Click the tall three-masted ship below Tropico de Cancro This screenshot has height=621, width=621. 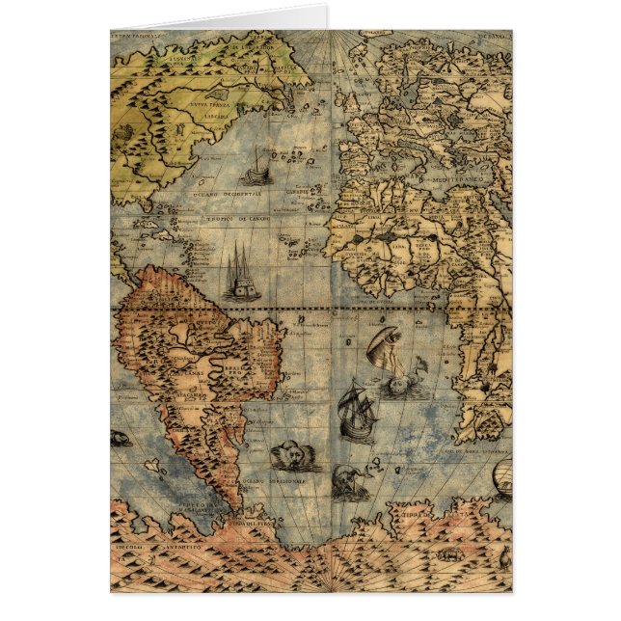point(241,275)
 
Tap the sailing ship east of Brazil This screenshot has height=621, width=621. point(357,410)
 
